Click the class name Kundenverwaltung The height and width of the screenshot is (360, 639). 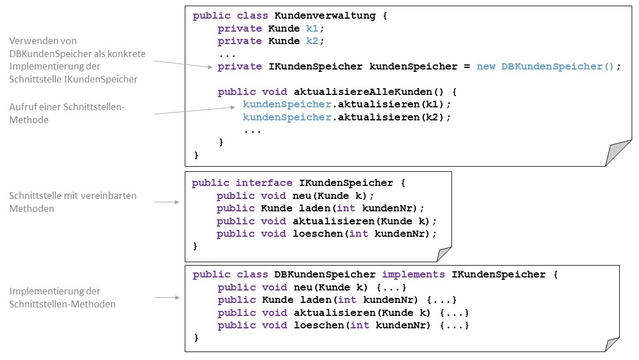[325, 16]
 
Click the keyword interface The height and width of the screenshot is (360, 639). [264, 183]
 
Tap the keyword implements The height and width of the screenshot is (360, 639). [413, 275]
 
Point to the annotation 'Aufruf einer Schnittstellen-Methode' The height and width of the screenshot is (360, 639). [66, 113]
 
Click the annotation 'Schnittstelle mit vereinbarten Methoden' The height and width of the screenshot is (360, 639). [73, 202]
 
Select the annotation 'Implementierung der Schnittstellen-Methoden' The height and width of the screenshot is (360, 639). [63, 298]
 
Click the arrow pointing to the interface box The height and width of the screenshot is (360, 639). [167, 202]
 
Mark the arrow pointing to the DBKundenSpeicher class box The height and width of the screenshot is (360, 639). [167, 297]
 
